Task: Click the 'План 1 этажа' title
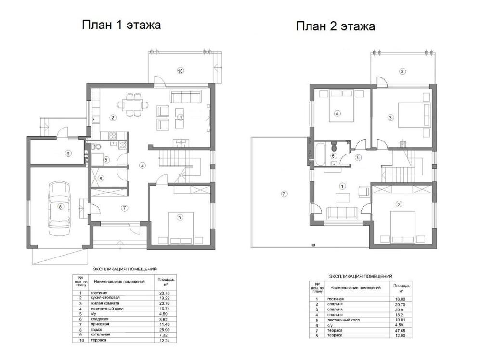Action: click(121, 25)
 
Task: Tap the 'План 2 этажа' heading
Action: click(336, 26)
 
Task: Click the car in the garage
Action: click(59, 208)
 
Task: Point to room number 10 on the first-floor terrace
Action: click(180, 71)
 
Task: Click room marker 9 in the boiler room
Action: click(68, 154)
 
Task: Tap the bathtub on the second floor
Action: click(320, 154)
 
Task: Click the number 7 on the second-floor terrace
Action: click(284, 194)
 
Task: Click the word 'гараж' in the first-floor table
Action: click(96, 330)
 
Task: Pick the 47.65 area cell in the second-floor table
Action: click(400, 331)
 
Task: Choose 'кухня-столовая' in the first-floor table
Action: click(105, 298)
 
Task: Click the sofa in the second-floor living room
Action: click(342, 213)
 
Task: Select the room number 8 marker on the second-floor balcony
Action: click(402, 71)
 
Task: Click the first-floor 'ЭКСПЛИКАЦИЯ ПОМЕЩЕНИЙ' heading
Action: click(125, 269)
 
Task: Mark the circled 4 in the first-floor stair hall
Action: click(143, 166)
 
